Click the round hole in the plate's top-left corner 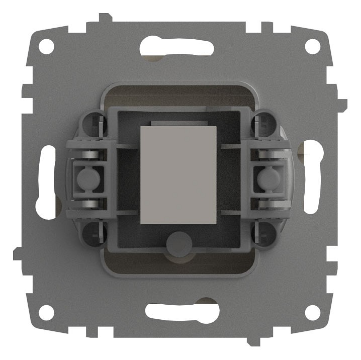[x=46, y=47]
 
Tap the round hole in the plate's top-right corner [x=313, y=47]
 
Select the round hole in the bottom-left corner [x=46, y=312]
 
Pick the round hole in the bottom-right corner [x=313, y=312]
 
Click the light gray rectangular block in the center [x=178, y=174]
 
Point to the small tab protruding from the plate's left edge [x=17, y=253]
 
